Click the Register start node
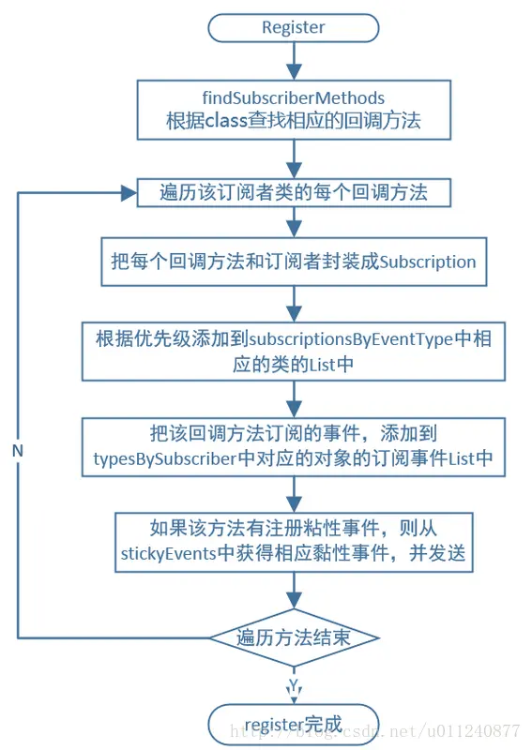point(294,27)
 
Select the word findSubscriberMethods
point(294,97)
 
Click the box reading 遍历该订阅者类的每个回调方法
point(294,193)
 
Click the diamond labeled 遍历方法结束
point(294,637)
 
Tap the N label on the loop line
point(18,450)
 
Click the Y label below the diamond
point(294,682)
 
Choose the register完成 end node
point(294,723)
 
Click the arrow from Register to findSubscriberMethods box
point(294,60)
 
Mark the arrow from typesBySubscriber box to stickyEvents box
point(294,494)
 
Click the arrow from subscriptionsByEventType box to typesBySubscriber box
point(294,398)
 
